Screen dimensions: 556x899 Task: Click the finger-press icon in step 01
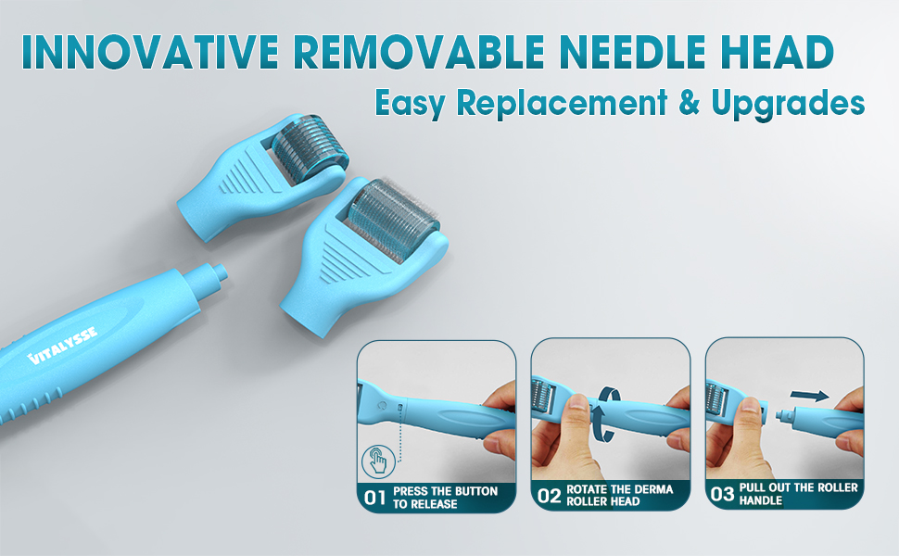click(377, 459)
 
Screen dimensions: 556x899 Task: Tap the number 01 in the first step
click(374, 498)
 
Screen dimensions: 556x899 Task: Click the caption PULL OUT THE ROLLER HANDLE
click(798, 494)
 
